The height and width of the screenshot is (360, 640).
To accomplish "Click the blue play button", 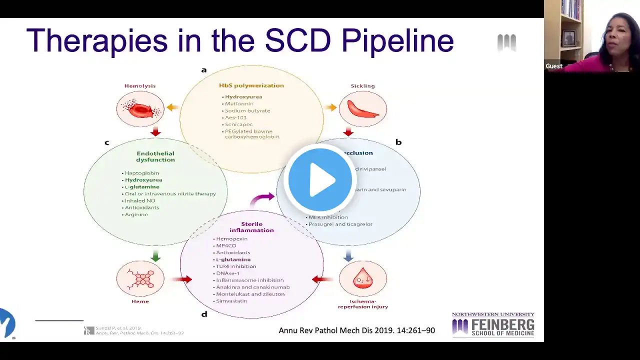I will (x=319, y=179).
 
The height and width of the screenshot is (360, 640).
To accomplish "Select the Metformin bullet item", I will (x=239, y=104).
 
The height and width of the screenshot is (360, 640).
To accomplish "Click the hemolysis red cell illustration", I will (x=140, y=109).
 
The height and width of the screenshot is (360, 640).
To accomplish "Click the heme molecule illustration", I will (x=140, y=278).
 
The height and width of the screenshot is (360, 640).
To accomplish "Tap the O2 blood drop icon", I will (x=362, y=279).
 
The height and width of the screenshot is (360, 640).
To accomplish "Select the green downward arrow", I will (x=155, y=256).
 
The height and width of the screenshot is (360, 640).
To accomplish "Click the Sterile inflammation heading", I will (x=251, y=227).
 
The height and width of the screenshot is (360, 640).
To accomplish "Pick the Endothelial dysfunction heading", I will (x=155, y=156).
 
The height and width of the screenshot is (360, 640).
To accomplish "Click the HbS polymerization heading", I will (x=251, y=85).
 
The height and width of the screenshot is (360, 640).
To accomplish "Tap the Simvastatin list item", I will (x=231, y=301).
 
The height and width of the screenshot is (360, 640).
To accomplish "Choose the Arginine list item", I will (x=136, y=214).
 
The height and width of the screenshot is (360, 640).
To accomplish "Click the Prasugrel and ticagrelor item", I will (x=340, y=224).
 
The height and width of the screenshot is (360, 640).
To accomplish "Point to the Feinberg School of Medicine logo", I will (x=493, y=325).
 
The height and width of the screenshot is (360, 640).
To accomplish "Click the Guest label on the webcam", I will (x=554, y=66).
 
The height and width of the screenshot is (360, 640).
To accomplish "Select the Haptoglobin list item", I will (x=142, y=173).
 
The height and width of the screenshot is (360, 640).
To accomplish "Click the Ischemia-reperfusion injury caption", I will (x=362, y=304).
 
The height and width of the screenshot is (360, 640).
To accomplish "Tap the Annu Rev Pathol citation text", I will (x=356, y=330).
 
